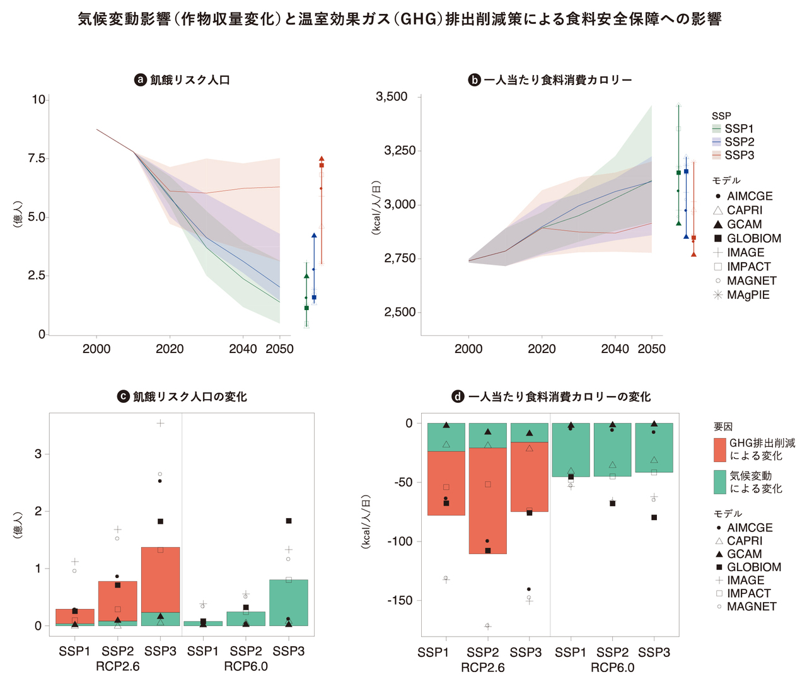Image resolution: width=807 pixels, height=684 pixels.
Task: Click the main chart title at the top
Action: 400,20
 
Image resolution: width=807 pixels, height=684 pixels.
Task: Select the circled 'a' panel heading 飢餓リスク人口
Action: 183,80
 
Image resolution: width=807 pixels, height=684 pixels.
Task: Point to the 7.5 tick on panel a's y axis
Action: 37,158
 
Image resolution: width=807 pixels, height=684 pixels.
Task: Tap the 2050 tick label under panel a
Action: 279,349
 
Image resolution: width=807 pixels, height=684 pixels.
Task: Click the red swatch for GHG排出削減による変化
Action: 719,449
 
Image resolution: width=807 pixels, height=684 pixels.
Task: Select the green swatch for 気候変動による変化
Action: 719,482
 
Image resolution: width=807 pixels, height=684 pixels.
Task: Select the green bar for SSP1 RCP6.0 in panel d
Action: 571,449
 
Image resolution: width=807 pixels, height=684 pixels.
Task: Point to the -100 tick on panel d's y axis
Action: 400,542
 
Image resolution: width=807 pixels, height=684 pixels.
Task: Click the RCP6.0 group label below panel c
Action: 246,666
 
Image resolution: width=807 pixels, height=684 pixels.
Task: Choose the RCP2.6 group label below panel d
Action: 482,668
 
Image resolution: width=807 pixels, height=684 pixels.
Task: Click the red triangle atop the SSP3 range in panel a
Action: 322,159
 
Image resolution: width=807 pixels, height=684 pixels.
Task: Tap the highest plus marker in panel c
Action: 161,423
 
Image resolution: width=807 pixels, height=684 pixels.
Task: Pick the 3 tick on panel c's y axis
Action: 38,454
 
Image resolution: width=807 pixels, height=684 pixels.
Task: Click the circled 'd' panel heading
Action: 551,397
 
